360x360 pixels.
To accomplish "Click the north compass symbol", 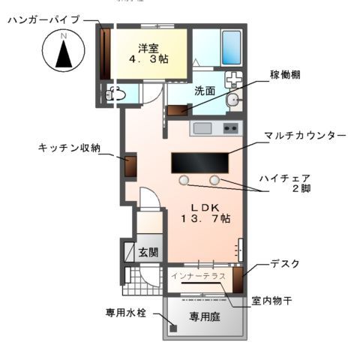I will (64, 54).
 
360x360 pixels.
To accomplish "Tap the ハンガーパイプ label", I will (44, 20).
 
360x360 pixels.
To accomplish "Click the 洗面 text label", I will (205, 91).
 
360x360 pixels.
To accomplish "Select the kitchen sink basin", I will (202, 128).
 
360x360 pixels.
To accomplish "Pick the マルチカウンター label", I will (304, 135).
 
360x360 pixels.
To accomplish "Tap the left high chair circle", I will (184, 180).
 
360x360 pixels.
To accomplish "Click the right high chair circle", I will (215, 180).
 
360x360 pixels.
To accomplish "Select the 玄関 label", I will (148, 252).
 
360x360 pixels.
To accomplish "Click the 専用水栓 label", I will (126, 311).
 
